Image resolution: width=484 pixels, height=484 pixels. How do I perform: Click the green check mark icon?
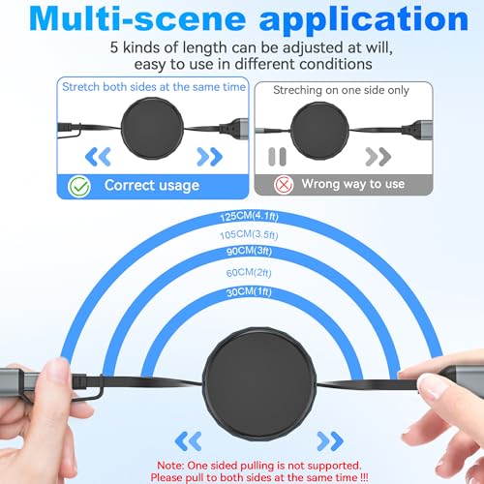point(79,186)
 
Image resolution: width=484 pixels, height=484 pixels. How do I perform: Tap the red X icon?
point(284,185)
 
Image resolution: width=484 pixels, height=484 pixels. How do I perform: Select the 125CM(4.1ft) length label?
point(249,217)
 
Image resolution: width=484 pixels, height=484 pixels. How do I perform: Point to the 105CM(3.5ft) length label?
point(249,234)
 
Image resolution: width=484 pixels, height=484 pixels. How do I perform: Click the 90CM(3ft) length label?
point(249,251)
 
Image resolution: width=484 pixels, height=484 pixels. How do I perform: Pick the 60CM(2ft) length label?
point(249,273)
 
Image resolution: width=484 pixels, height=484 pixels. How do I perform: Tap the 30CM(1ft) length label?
point(249,292)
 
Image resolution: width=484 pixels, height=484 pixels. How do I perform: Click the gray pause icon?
point(277,157)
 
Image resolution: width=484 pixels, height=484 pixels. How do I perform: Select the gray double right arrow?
point(378,157)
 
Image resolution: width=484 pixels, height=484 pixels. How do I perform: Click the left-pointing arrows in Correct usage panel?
point(98,157)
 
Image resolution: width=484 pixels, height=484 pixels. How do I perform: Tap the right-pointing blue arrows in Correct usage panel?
point(210,157)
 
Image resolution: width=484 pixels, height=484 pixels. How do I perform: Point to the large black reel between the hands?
point(259,384)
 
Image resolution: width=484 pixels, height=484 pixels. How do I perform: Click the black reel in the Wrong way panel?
point(319,131)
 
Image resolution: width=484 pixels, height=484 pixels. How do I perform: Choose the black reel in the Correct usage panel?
point(152,129)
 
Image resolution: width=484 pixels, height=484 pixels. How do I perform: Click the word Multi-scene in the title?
point(137,18)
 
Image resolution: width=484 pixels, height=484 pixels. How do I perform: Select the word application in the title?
point(364,20)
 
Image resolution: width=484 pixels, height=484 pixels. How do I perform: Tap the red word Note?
point(170,466)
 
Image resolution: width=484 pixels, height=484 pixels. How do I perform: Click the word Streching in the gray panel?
point(297,91)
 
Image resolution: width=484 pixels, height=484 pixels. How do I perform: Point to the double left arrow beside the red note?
point(189,441)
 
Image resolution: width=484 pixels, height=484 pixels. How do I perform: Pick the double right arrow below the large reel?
point(330,441)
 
